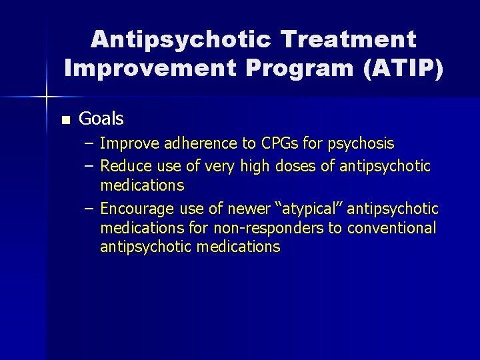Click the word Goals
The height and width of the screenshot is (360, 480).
tap(101, 119)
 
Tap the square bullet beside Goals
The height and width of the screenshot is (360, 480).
tap(65, 121)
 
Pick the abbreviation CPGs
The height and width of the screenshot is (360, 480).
tap(273, 143)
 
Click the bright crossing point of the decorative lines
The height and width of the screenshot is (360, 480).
tap(47, 97)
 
